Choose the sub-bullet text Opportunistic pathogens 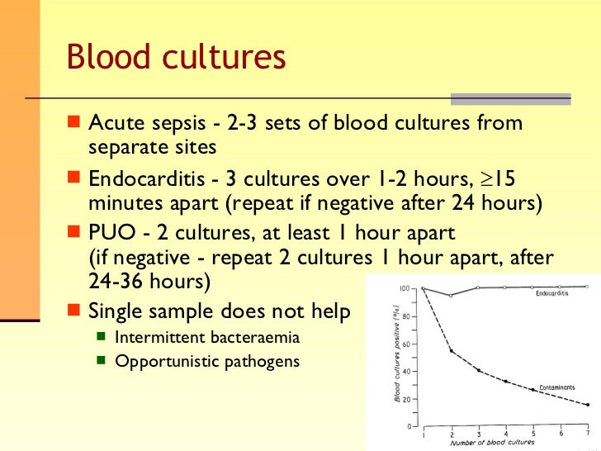pos(206,361)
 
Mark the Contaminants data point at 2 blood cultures pos(451,351)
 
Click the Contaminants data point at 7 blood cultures pos(587,405)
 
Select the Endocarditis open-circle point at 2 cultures pos(451,295)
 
